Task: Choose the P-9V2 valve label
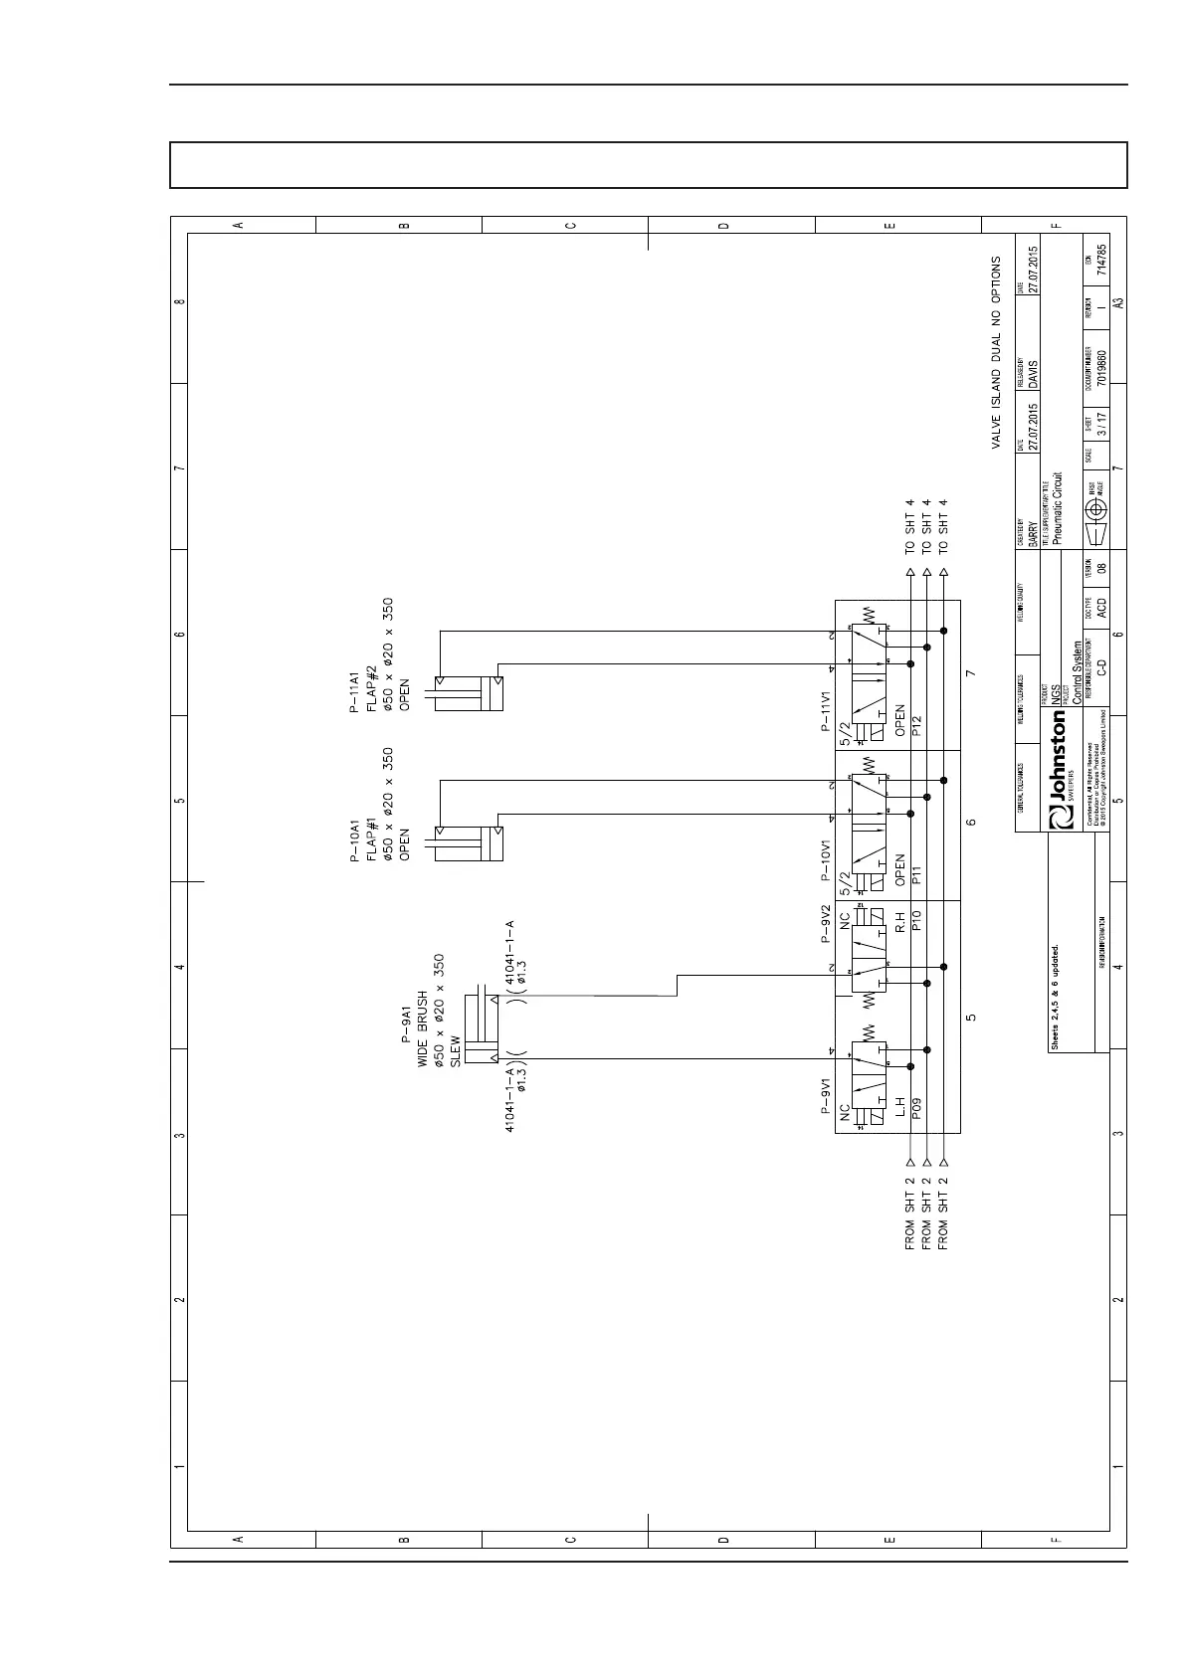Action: (825, 924)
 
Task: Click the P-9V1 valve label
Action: (825, 1097)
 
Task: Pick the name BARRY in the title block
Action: (1034, 533)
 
